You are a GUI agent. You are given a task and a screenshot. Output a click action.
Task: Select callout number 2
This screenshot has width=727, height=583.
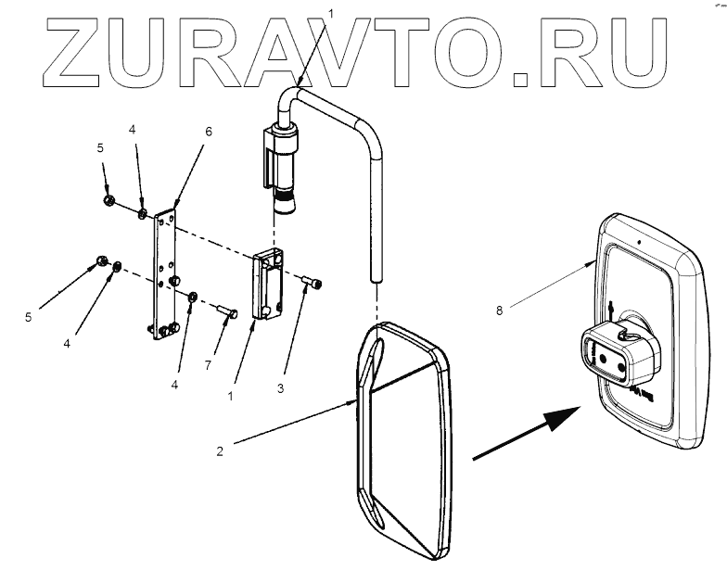[220, 451]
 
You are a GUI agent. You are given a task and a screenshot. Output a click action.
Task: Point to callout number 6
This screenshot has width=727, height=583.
[209, 132]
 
